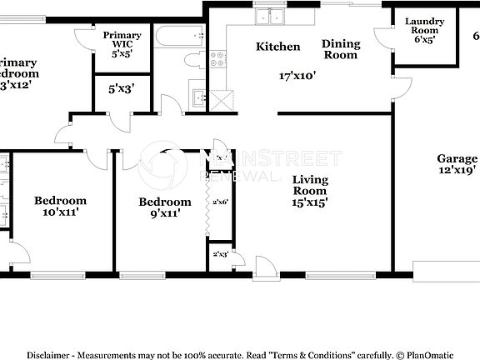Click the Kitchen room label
click(277, 47)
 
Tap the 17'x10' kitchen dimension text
click(296, 75)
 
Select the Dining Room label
click(341, 49)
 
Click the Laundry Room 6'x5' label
click(424, 30)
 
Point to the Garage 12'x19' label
click(457, 164)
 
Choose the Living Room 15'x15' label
click(309, 190)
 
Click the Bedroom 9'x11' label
click(164, 207)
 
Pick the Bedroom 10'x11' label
click(60, 206)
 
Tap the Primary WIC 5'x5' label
click(122, 42)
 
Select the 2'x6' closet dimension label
click(221, 202)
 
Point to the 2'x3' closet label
click(221, 254)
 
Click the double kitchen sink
click(272, 16)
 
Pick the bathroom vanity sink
click(198, 97)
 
